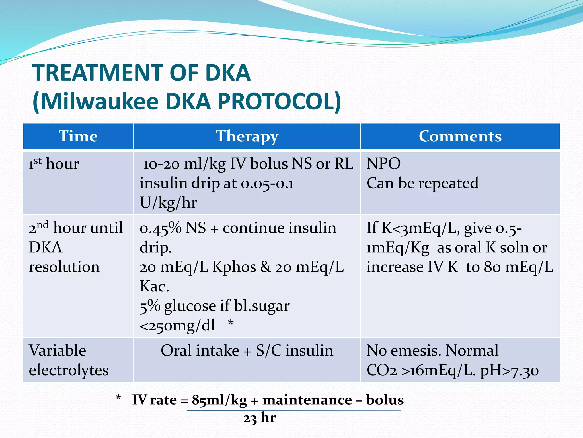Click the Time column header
pyautogui.click(x=78, y=136)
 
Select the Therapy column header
pyautogui.click(x=247, y=136)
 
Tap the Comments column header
pyautogui.click(x=460, y=136)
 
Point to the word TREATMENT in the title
pyautogui.click(x=98, y=73)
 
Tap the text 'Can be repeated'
pyautogui.click(x=422, y=183)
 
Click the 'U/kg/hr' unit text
pyautogui.click(x=168, y=203)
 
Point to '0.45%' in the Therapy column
pyautogui.click(x=160, y=228)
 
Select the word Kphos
pyautogui.click(x=234, y=267)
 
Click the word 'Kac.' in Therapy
pyautogui.click(x=154, y=286)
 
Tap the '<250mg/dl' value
pyautogui.click(x=177, y=325)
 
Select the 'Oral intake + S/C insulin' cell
pyautogui.click(x=247, y=350)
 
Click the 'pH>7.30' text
pyautogui.click(x=509, y=370)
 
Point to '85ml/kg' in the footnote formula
pyautogui.click(x=219, y=400)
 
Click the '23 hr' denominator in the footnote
pyautogui.click(x=259, y=418)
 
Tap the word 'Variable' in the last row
pyautogui.click(x=57, y=350)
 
